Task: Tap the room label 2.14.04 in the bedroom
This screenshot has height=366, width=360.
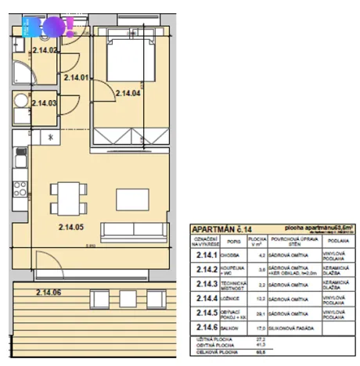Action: tap(128, 94)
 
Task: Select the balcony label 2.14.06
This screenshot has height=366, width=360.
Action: tap(49, 292)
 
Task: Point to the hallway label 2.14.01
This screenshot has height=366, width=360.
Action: tap(77, 77)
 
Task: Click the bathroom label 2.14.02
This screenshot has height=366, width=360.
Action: tap(45, 51)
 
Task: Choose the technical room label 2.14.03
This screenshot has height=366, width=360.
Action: tap(44, 102)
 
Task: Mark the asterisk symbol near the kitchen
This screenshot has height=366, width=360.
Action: tap(52, 138)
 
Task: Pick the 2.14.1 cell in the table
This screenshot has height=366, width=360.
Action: tap(207, 254)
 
